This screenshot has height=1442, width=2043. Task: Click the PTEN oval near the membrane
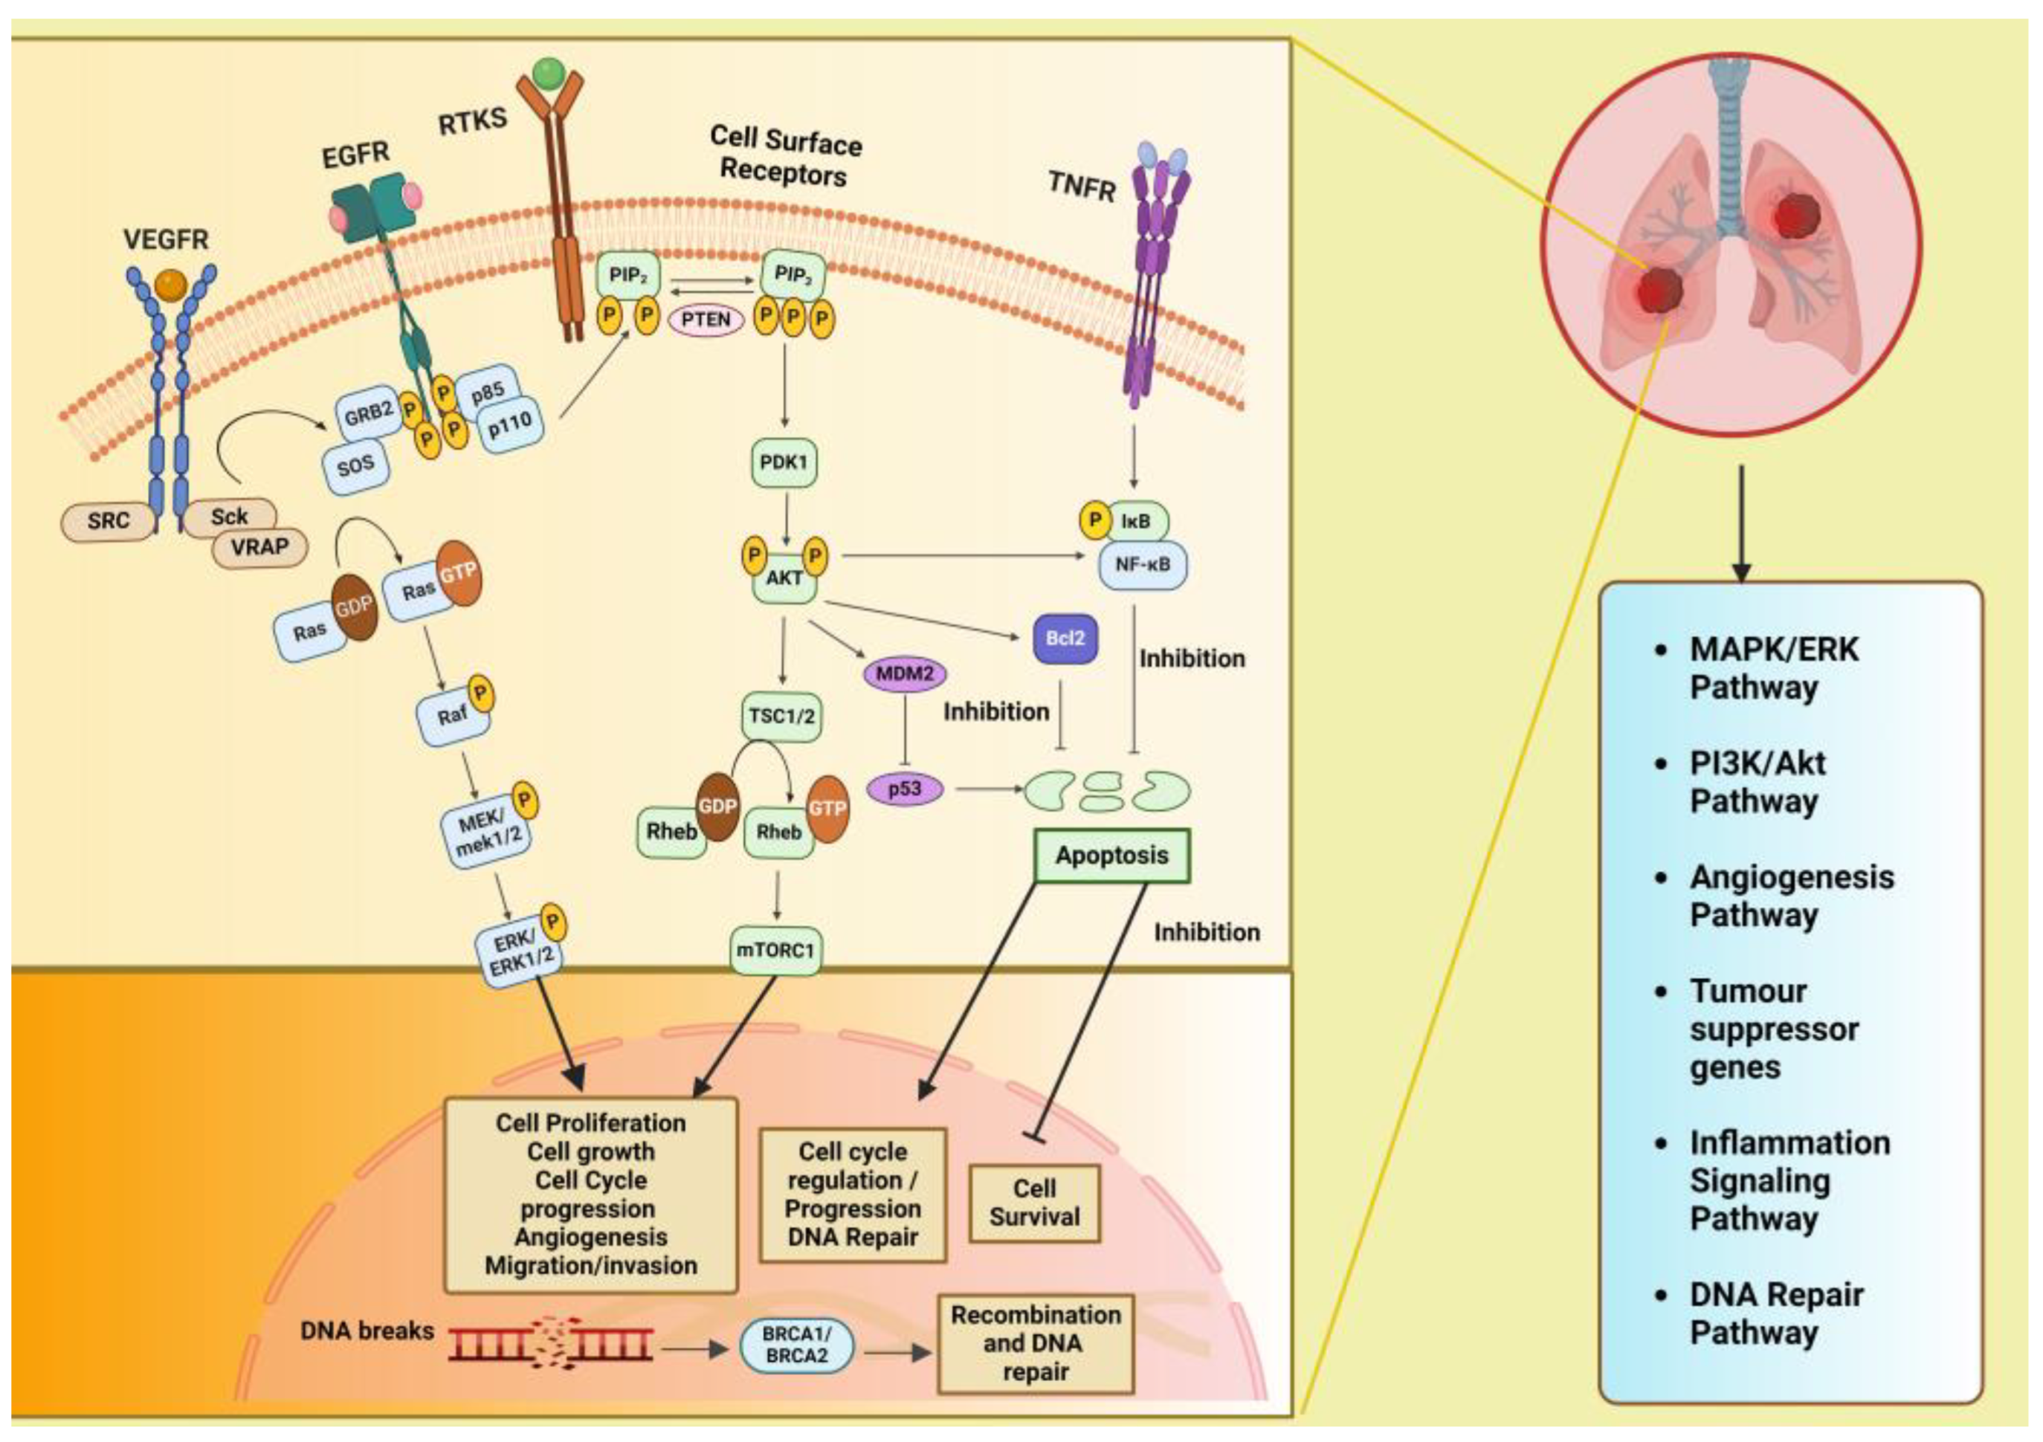(x=706, y=320)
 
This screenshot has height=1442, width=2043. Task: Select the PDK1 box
(x=784, y=462)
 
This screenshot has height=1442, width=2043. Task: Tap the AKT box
(x=784, y=578)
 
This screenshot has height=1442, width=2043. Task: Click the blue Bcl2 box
(x=1065, y=638)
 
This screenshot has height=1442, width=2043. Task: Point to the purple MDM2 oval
(x=904, y=673)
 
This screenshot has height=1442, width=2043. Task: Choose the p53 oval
(x=904, y=788)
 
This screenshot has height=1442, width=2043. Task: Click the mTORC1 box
(x=775, y=950)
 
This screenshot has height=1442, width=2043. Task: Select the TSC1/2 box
(x=781, y=715)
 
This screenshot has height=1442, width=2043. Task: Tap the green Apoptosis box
(x=1111, y=856)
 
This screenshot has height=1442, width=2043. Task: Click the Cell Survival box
(x=1034, y=1203)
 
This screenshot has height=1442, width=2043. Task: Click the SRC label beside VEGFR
(x=109, y=520)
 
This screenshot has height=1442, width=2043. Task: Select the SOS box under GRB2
(x=356, y=465)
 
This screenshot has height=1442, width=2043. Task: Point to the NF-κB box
(x=1143, y=564)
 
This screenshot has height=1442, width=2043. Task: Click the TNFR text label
(x=1081, y=186)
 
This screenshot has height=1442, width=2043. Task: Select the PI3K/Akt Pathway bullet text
(x=1758, y=781)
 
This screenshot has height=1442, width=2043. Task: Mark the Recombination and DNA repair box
(x=1036, y=1342)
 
